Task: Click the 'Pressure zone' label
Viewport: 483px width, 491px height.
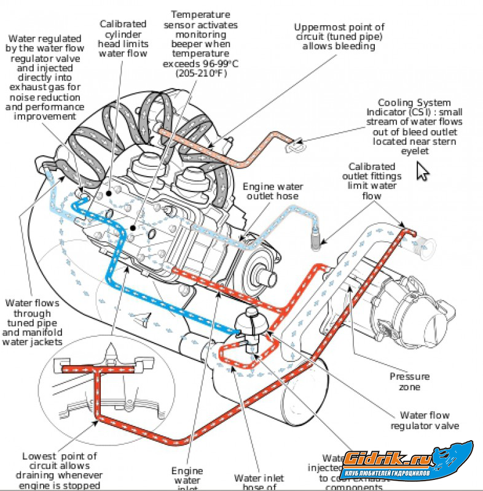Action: tap(409, 381)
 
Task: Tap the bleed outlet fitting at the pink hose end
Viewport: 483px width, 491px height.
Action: tap(296, 145)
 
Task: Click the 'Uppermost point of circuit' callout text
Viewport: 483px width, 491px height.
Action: tap(339, 37)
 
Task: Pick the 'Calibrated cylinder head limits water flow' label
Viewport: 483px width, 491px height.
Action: tap(123, 38)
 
